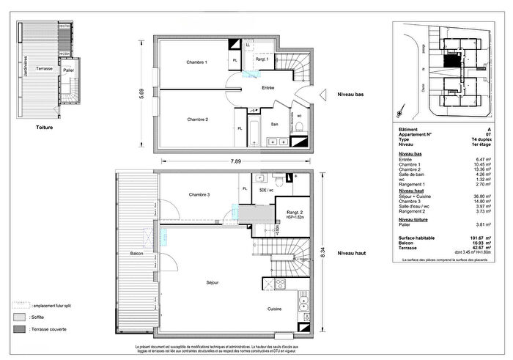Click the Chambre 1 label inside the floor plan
click(x=197, y=62)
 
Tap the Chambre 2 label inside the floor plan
click(x=197, y=120)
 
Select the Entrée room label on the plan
click(x=268, y=87)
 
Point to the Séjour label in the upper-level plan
click(x=213, y=282)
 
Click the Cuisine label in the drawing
click(x=276, y=309)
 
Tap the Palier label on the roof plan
click(x=68, y=70)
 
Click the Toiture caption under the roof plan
click(x=44, y=126)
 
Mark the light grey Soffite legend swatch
click(x=17, y=317)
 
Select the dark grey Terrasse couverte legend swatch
click(x=17, y=330)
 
